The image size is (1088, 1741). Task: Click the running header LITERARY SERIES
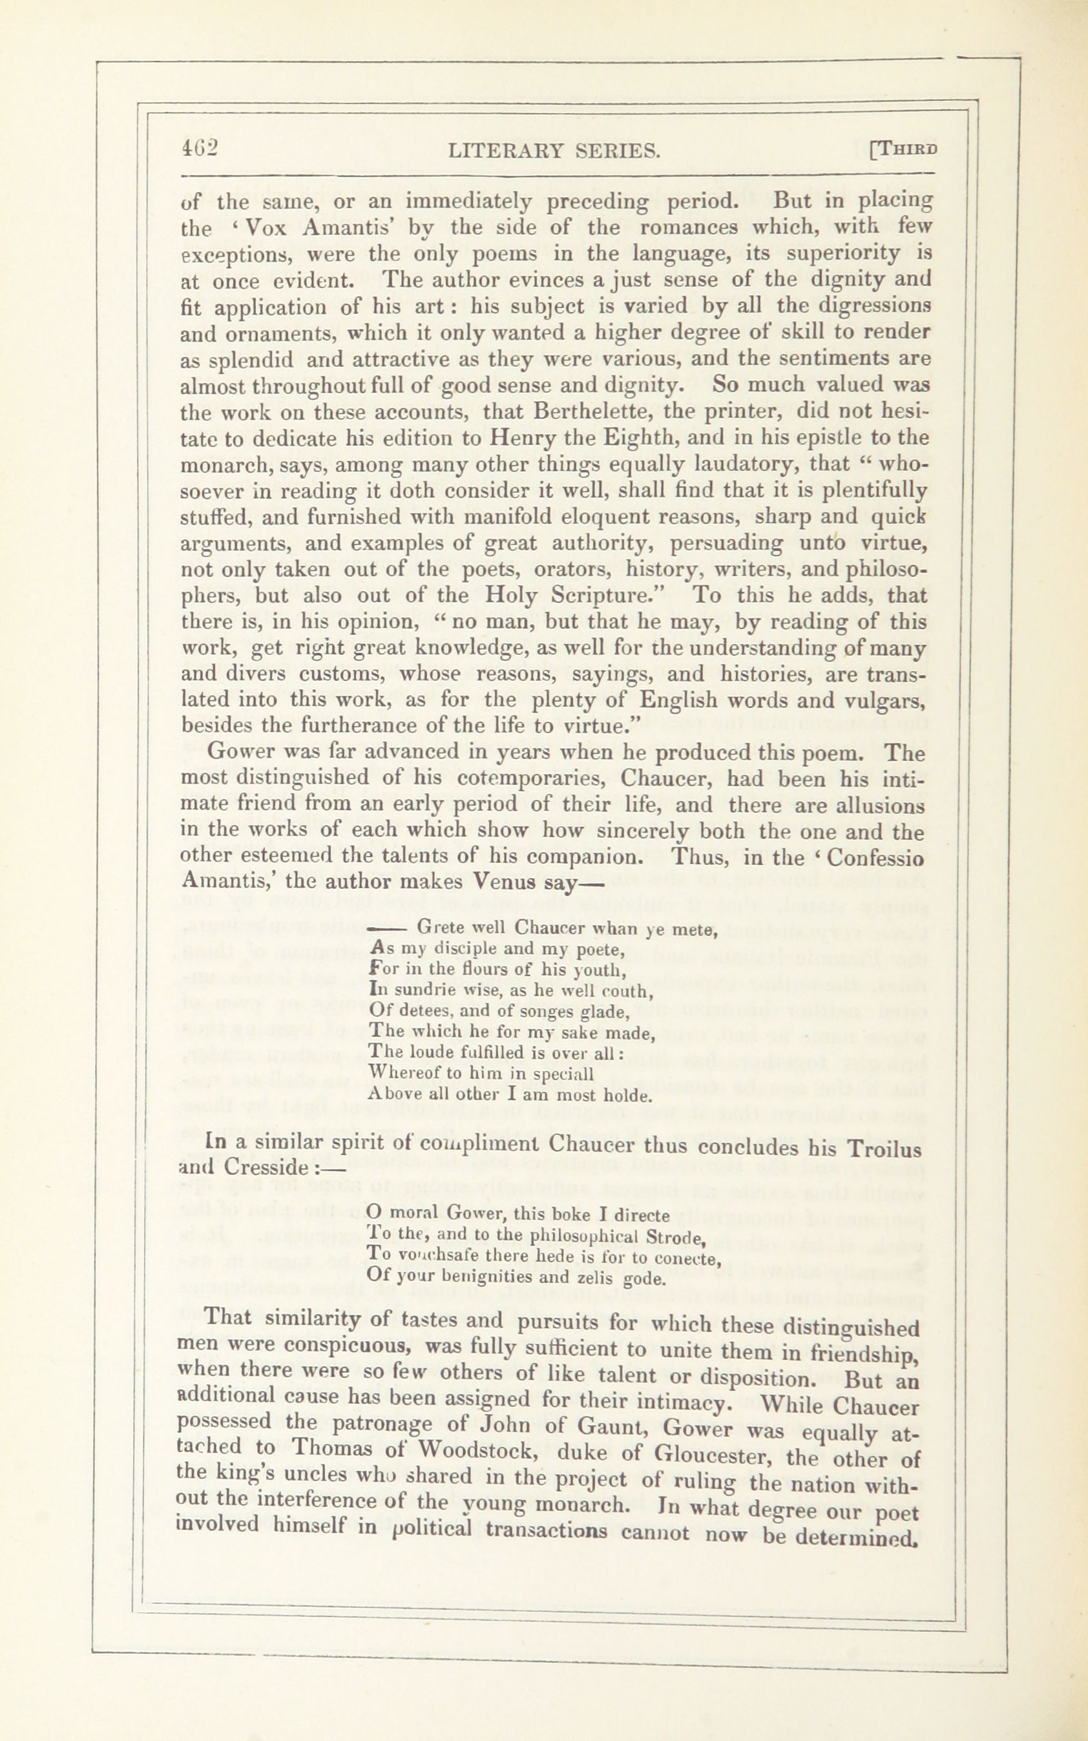coord(552,151)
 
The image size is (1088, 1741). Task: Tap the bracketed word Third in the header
coord(905,149)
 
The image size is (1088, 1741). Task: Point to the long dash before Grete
coord(386,929)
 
